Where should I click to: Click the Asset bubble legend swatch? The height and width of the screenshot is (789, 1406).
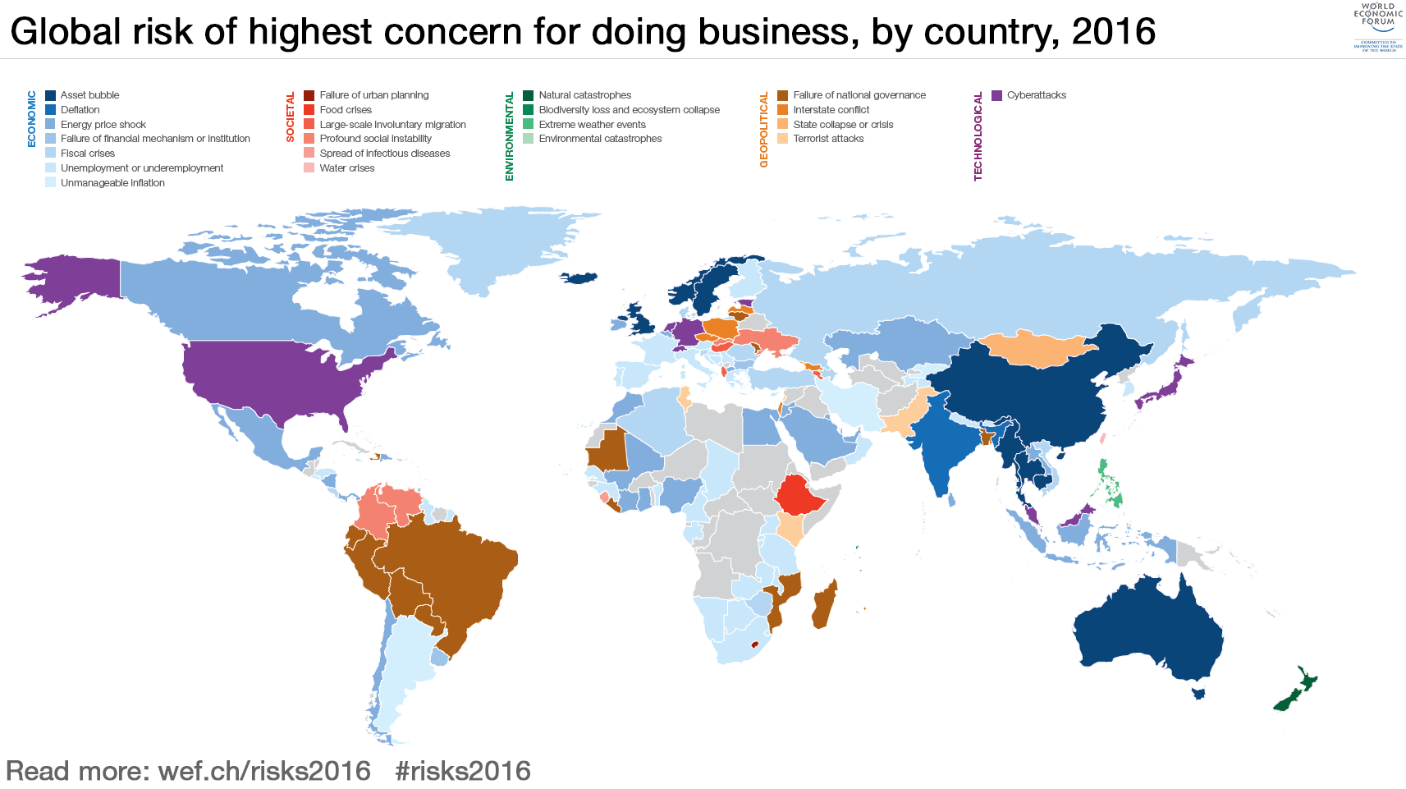[x=51, y=95]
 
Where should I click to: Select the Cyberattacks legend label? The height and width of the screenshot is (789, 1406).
[x=1037, y=95]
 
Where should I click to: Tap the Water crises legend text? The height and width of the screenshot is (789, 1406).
[x=346, y=168]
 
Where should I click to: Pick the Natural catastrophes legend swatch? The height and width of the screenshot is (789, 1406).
[x=529, y=95]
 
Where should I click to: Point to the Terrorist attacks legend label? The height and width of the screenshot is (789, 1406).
[x=828, y=139]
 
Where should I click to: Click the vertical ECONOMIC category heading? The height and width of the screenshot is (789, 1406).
[x=32, y=119]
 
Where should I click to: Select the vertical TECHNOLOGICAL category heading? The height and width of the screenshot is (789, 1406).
[x=978, y=136]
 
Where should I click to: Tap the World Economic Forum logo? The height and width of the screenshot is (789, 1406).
[x=1378, y=28]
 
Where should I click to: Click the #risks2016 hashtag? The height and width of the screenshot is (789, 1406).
[x=463, y=771]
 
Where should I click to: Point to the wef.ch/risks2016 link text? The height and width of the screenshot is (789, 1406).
[x=264, y=771]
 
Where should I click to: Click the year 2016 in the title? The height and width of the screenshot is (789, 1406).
[x=1113, y=32]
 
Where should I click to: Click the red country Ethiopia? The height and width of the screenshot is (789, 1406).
[x=798, y=496]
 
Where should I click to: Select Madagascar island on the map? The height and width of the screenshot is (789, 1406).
[x=824, y=604]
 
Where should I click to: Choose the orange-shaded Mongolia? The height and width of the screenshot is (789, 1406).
[x=1039, y=349]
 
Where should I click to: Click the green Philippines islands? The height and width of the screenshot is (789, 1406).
[x=1110, y=485]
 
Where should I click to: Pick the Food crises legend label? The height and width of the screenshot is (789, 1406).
[x=346, y=110]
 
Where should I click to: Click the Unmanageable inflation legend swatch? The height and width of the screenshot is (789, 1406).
[x=51, y=183]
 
